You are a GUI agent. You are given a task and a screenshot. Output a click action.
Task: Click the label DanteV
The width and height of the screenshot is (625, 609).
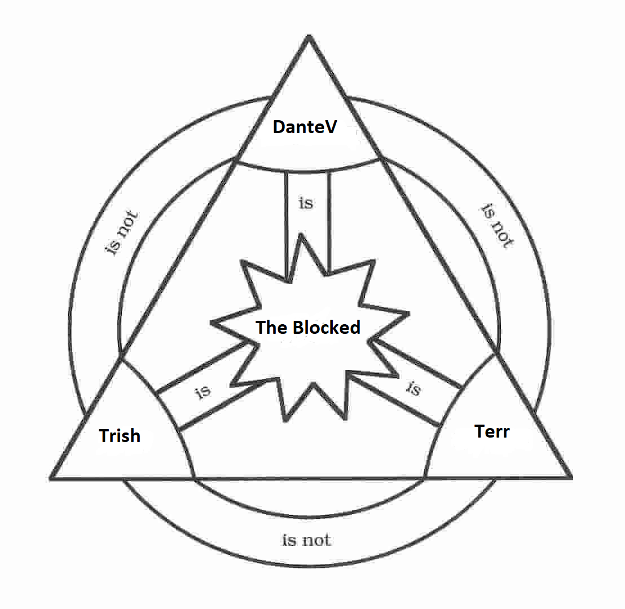(x=305, y=127)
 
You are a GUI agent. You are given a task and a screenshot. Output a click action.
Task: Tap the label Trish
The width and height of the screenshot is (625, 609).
(x=120, y=435)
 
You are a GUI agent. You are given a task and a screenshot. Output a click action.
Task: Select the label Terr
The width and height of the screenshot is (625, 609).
(x=492, y=431)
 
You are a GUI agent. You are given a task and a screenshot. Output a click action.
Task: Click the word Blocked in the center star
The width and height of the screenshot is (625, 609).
(x=327, y=327)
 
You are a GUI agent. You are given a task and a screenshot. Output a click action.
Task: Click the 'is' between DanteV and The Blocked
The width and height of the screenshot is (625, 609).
(x=306, y=203)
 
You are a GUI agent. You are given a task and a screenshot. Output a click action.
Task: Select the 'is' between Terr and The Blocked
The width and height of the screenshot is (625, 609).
(x=413, y=388)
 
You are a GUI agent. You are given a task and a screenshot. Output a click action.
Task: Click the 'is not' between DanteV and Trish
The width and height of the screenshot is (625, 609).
(x=122, y=233)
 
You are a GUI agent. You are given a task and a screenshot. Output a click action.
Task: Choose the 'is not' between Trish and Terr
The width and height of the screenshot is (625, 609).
(x=306, y=540)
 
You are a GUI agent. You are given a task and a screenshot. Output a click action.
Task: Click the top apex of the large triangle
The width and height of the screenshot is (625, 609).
(x=309, y=37)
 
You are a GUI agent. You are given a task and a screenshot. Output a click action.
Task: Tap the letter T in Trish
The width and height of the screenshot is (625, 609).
(x=104, y=435)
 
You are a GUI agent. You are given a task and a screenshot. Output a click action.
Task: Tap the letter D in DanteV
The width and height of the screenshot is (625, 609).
(x=279, y=127)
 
